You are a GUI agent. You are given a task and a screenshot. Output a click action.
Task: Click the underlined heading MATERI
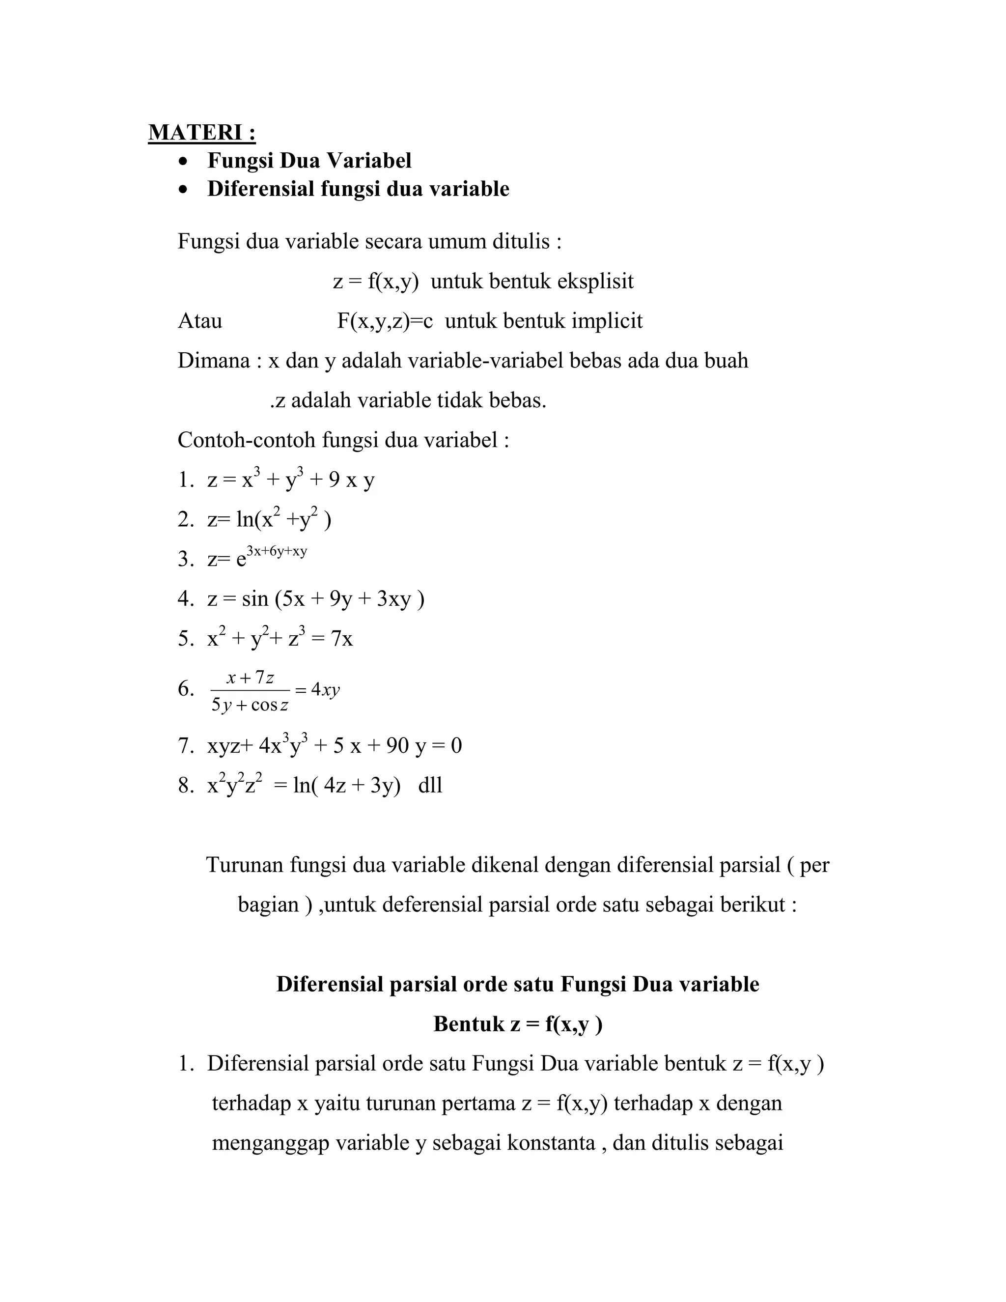[201, 132]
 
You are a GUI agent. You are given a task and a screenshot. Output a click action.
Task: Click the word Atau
[199, 321]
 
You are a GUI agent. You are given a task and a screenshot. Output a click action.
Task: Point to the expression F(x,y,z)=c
[385, 321]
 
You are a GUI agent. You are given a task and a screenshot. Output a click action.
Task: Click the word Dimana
[213, 361]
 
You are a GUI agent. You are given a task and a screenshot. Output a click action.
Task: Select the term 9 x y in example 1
[352, 480]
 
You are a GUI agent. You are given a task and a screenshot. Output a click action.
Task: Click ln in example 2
[245, 520]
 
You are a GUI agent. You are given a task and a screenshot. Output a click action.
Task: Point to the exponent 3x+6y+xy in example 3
[277, 551]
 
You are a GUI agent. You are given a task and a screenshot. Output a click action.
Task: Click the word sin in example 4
[255, 598]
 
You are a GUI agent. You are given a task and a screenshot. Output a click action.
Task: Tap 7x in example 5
[342, 639]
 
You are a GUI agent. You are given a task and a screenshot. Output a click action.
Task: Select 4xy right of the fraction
[325, 690]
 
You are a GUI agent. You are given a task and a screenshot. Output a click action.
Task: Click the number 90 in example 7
[397, 746]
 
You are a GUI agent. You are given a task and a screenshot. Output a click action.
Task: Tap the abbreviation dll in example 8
[430, 785]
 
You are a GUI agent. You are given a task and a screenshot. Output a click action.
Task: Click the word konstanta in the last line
[551, 1143]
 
